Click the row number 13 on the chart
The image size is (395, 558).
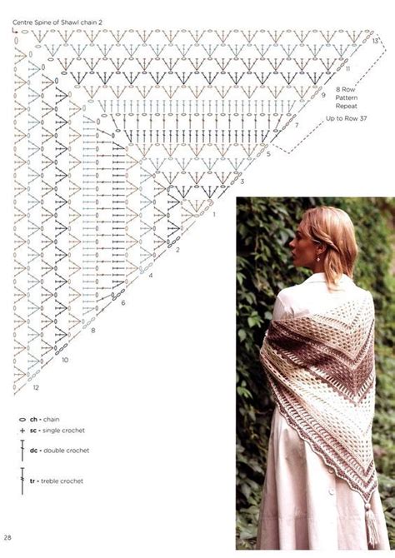coord(377,40)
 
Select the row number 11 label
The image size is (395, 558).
coord(347,68)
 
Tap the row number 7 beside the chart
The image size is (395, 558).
coord(296,125)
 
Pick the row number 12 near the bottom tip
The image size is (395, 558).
coord(35,388)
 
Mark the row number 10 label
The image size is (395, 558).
coord(64,360)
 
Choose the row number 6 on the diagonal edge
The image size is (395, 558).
coord(122,303)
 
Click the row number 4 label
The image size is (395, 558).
coord(152,276)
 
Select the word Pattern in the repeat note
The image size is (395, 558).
coord(346,97)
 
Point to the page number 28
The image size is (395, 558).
coord(7,536)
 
